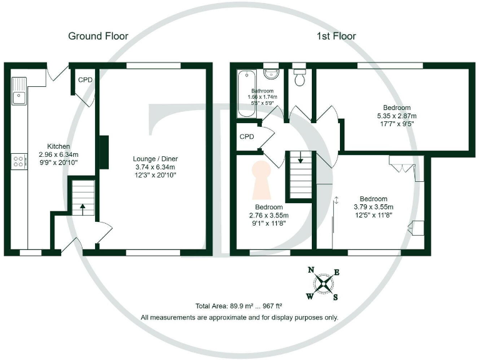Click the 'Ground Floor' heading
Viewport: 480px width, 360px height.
point(98,36)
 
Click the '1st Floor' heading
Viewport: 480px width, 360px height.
point(335,36)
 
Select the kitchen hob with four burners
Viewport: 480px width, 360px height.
point(19,161)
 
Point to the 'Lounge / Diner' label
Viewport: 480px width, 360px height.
point(154,158)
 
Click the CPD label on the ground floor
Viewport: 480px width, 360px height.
point(84,80)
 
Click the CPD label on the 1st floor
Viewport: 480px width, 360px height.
point(246,137)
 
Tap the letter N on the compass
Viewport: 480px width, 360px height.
point(311,271)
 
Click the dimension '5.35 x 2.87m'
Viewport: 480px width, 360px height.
point(396,116)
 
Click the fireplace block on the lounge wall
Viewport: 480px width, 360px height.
point(104,152)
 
